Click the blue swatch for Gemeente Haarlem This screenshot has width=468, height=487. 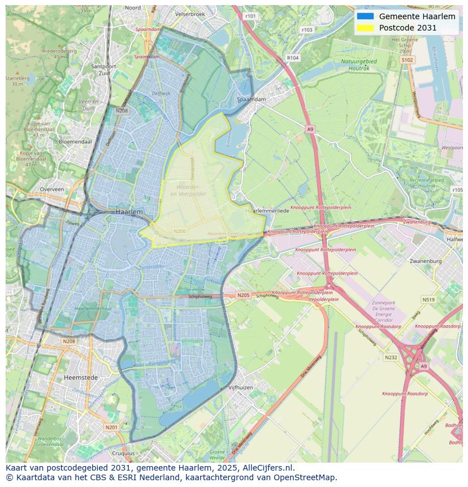point(366,16)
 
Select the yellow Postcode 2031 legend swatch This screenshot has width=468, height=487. point(366,28)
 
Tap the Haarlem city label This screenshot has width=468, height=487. point(129,211)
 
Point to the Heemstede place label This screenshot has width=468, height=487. point(81,377)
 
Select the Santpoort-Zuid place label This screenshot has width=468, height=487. point(103,69)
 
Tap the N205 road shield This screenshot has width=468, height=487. point(243,295)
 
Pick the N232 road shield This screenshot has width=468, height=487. point(391,357)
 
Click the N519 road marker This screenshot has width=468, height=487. point(428,300)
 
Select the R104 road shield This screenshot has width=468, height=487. point(292,58)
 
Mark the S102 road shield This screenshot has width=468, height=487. point(407,59)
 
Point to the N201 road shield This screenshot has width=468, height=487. point(111,427)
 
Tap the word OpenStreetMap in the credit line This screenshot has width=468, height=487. point(305,477)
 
